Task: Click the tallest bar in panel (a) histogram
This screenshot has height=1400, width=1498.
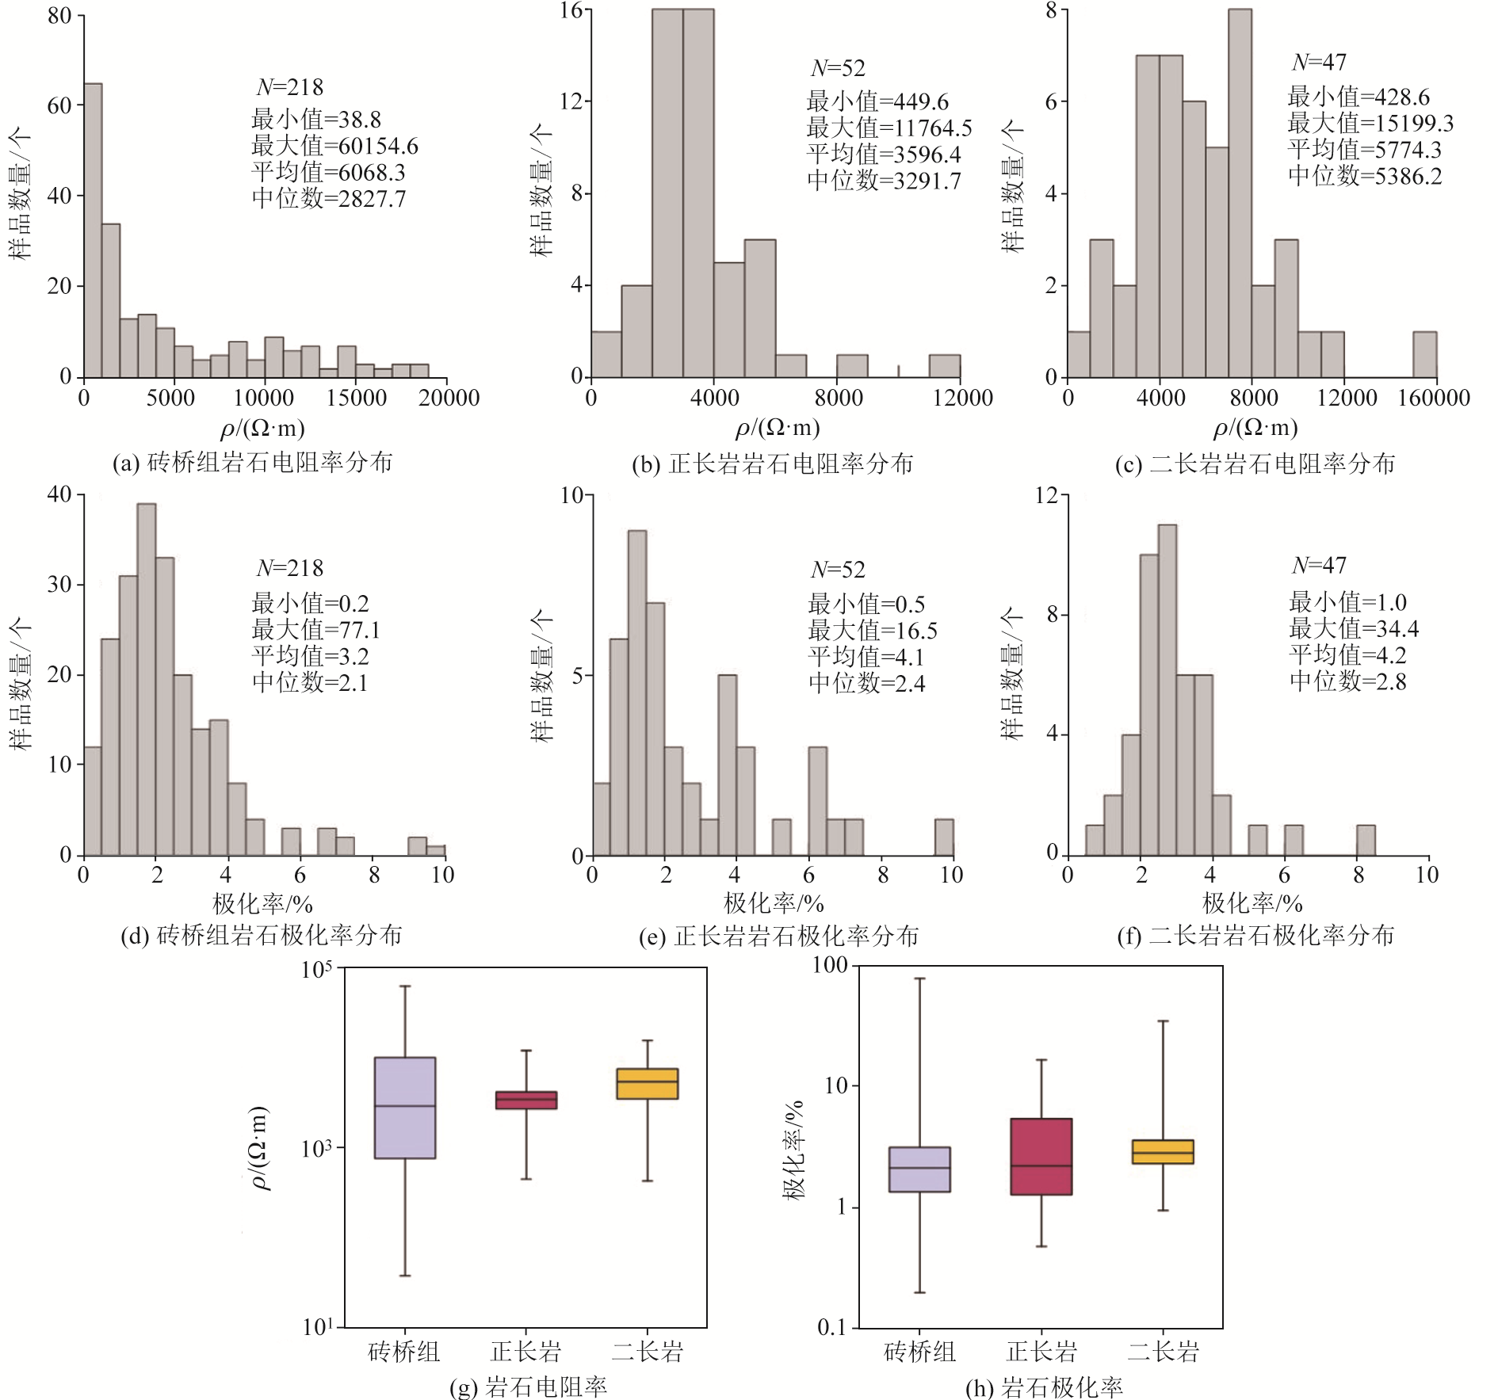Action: (93, 230)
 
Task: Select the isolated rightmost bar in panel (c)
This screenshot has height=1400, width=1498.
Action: (1424, 354)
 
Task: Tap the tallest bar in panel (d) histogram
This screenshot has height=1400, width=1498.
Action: (147, 679)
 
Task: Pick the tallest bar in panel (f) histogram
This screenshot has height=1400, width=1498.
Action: (1167, 689)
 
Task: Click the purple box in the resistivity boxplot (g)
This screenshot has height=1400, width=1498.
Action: (404, 1108)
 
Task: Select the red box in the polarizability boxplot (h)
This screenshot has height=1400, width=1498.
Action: (1041, 1156)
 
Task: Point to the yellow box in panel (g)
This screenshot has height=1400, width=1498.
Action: (647, 1083)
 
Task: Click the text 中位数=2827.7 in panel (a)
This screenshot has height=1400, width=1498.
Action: (328, 198)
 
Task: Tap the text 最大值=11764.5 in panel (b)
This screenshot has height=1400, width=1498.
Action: (888, 128)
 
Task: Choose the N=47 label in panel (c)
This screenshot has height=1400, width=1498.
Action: (1319, 62)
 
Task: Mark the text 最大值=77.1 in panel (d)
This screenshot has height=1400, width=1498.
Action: (315, 630)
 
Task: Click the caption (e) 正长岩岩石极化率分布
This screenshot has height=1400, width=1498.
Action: (778, 937)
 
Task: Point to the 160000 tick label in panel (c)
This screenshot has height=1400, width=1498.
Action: (1433, 398)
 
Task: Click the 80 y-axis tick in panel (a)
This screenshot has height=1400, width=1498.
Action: (59, 16)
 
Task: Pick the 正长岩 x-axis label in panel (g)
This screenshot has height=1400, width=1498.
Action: (525, 1351)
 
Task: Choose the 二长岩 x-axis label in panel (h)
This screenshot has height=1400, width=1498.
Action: (1163, 1351)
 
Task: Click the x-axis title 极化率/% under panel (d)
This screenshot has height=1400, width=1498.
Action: (262, 903)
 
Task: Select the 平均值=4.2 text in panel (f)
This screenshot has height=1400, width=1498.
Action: (1347, 654)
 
